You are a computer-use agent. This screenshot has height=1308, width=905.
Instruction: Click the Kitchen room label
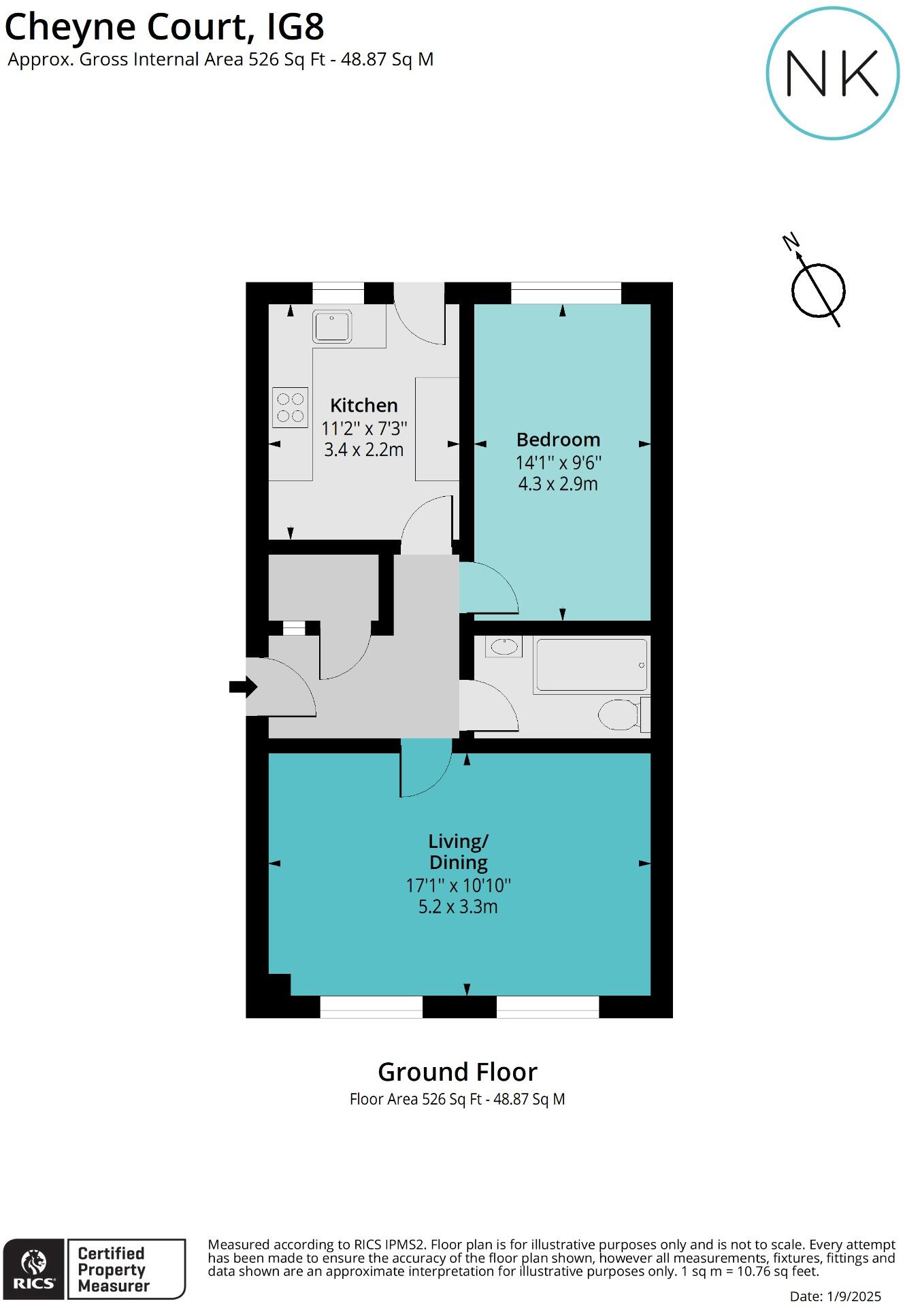tap(363, 406)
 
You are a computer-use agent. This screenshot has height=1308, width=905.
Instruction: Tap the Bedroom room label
tap(558, 440)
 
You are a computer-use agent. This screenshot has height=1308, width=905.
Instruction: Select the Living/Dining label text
tap(458, 852)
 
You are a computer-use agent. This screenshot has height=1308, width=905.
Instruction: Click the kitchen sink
tap(332, 326)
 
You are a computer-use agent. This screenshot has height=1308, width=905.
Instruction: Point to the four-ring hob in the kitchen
tap(291, 407)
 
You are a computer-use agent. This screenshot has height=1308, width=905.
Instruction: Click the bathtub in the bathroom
tap(591, 665)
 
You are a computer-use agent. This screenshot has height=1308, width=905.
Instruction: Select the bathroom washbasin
tap(504, 647)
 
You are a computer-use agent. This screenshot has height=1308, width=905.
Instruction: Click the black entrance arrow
tap(242, 687)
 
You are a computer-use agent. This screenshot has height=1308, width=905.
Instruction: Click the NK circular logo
tap(832, 73)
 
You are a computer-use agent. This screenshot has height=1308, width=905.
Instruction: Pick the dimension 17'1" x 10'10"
tap(458, 885)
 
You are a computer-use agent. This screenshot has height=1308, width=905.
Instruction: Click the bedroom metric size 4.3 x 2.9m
tap(558, 484)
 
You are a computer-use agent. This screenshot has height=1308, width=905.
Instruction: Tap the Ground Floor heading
tap(457, 1073)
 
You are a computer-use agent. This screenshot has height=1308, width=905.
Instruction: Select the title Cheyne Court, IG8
tap(165, 27)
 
